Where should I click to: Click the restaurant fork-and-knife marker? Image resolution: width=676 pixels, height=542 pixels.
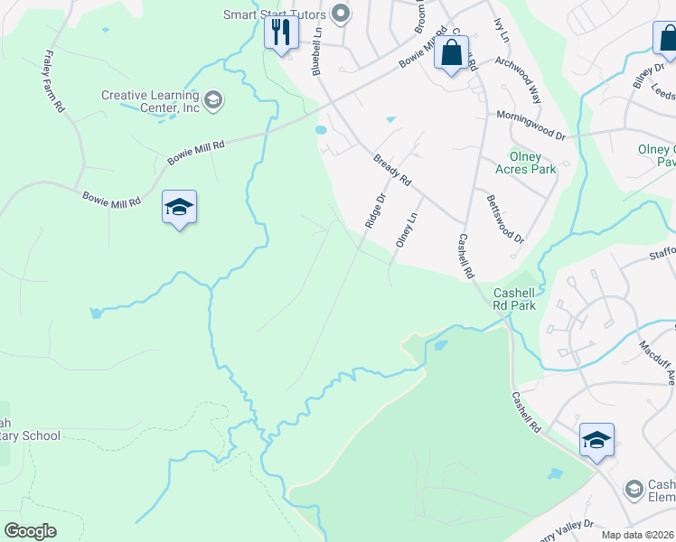click(281, 33)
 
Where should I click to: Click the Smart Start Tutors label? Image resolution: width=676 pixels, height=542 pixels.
click(277, 14)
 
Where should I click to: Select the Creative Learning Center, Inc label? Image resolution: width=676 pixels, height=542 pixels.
click(150, 101)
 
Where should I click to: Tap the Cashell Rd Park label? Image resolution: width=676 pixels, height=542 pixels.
click(514, 299)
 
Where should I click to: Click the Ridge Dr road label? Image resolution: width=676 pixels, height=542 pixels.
click(375, 210)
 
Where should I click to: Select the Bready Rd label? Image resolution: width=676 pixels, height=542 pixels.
click(392, 171)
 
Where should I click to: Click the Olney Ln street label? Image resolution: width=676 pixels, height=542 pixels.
click(405, 230)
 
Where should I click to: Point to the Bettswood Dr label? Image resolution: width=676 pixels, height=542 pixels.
click(504, 219)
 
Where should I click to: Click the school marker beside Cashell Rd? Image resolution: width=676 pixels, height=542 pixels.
click(596, 441)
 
